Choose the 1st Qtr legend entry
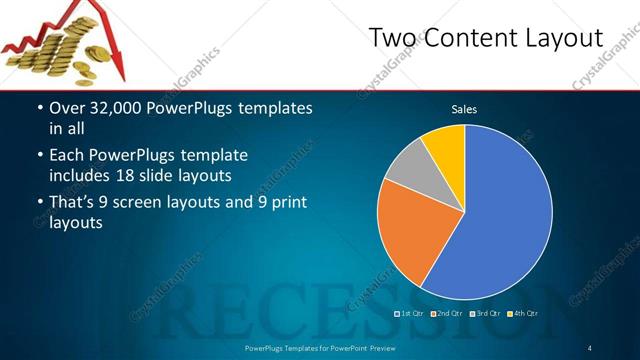tap(411, 314)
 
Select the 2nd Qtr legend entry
tap(448, 314)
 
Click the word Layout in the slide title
tap(565, 38)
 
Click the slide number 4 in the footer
tap(590, 348)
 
